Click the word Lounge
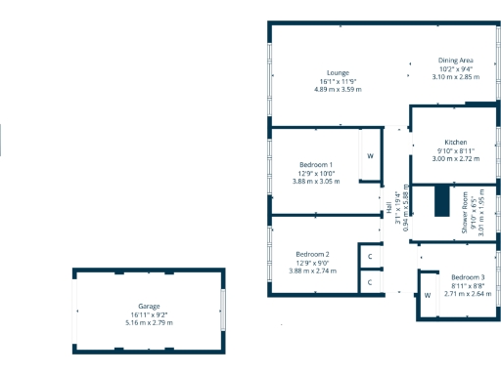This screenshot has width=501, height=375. point(339,72)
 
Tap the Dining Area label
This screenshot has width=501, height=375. point(455,61)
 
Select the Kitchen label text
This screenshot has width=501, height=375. point(456,142)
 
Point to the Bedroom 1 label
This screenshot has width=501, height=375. point(316,164)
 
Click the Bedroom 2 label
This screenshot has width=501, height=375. point(313,254)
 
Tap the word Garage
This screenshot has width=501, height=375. point(149,306)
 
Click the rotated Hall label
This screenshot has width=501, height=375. point(388,207)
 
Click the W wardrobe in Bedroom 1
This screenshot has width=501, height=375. point(370,156)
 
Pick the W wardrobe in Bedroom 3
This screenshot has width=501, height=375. point(428,295)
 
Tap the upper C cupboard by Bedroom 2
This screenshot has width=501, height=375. point(370,257)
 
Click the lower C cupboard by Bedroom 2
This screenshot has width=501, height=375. point(370,282)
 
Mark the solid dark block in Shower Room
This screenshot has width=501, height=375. point(442,204)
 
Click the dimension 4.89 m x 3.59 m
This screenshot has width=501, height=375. point(339,89)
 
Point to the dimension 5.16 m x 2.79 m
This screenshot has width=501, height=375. point(149,322)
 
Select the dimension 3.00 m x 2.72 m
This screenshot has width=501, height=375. point(456,158)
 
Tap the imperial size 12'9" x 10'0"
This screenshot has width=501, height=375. point(316,173)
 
